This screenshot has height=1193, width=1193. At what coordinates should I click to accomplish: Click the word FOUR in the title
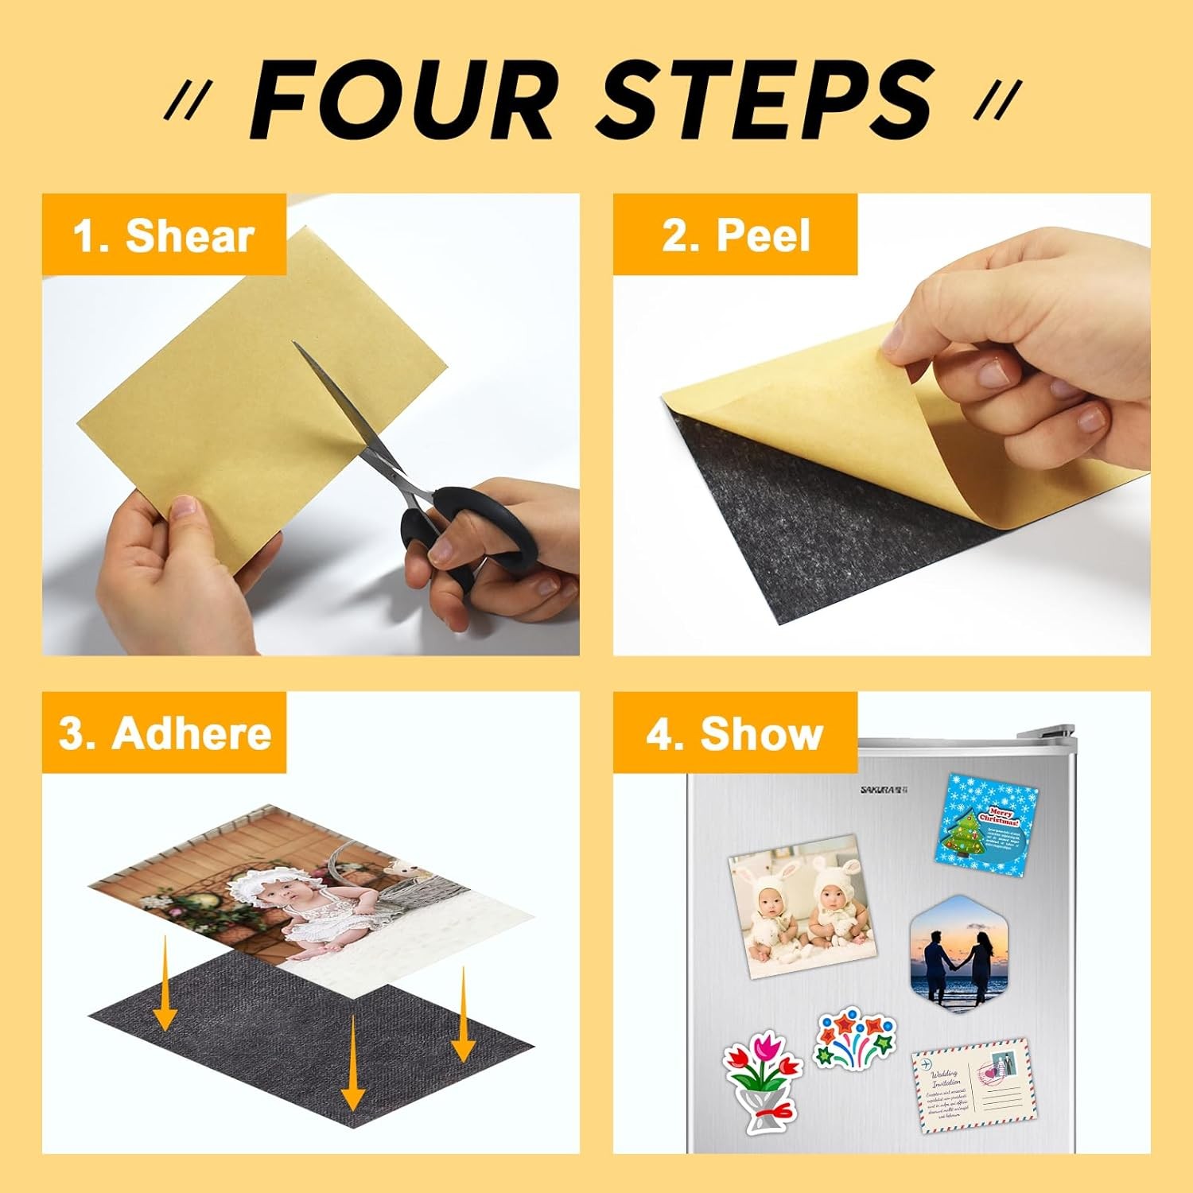click(402, 102)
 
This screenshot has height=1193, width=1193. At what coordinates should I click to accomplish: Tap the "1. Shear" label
click(163, 236)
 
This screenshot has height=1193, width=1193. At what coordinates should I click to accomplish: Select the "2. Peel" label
click(736, 236)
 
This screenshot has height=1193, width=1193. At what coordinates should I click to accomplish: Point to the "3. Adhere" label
click(165, 733)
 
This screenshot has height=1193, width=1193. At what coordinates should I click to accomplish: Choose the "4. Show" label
click(734, 733)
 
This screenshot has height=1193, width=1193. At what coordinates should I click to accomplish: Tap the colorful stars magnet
click(855, 1038)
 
